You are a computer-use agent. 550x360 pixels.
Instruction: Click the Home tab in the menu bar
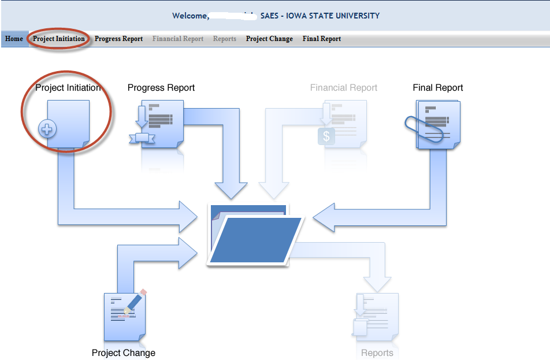pos(14,39)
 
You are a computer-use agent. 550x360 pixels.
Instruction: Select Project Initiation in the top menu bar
pos(59,39)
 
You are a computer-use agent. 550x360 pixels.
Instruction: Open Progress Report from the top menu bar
pos(118,39)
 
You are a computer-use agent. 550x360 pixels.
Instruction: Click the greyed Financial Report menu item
pos(178,39)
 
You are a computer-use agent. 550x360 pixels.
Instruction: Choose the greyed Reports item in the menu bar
pos(225,39)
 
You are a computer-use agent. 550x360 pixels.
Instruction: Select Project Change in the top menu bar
pos(269,39)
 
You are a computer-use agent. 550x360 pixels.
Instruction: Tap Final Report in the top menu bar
pos(322,39)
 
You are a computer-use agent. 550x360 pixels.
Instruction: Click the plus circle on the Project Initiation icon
pos(47,129)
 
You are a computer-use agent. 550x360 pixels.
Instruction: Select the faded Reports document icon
pos(376,317)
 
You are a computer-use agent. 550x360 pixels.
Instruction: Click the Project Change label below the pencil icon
pos(124,352)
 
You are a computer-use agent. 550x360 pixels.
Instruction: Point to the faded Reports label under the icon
pos(377,352)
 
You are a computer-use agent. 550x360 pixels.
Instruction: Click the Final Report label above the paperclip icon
pos(438,88)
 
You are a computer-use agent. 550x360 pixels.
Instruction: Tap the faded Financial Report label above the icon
pos(344,88)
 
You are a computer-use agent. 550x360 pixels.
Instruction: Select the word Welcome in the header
pos(190,16)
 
